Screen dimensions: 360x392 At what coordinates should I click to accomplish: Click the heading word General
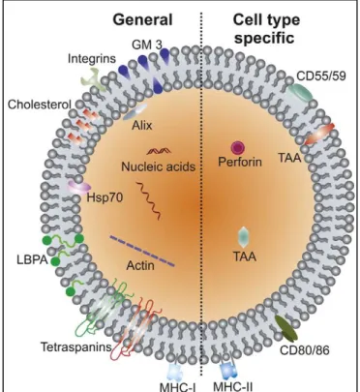pos(142,20)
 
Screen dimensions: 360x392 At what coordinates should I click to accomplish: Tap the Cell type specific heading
pos(266,29)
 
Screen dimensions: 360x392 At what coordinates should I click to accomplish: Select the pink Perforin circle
pos(238,148)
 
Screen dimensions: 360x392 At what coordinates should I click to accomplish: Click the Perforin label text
pos(240,162)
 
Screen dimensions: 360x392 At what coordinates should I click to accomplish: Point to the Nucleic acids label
pos(159,166)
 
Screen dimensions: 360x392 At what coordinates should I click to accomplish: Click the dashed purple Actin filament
pos(142,252)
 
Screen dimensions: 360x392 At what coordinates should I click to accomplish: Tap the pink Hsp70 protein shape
pos(79,187)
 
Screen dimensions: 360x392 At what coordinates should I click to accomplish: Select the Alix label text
pos(142,125)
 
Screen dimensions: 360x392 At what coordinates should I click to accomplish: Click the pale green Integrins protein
pos(93,78)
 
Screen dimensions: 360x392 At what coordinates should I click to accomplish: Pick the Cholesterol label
pos(40,105)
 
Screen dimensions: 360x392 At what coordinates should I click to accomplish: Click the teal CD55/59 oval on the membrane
pos(300,91)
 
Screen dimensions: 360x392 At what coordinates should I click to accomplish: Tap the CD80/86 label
pos(305,349)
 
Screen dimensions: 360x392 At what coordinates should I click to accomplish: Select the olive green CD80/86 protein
pos(286,328)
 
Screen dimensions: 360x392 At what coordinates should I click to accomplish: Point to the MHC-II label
pos(233,386)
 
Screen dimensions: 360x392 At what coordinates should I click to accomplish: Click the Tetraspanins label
pos(76,347)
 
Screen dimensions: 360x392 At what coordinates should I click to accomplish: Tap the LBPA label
pos(32,260)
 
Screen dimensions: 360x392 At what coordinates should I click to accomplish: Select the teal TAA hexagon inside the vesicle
pos(244,237)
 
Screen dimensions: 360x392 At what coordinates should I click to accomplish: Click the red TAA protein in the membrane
pos(319,135)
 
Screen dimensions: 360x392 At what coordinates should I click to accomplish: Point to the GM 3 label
pos(147,45)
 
